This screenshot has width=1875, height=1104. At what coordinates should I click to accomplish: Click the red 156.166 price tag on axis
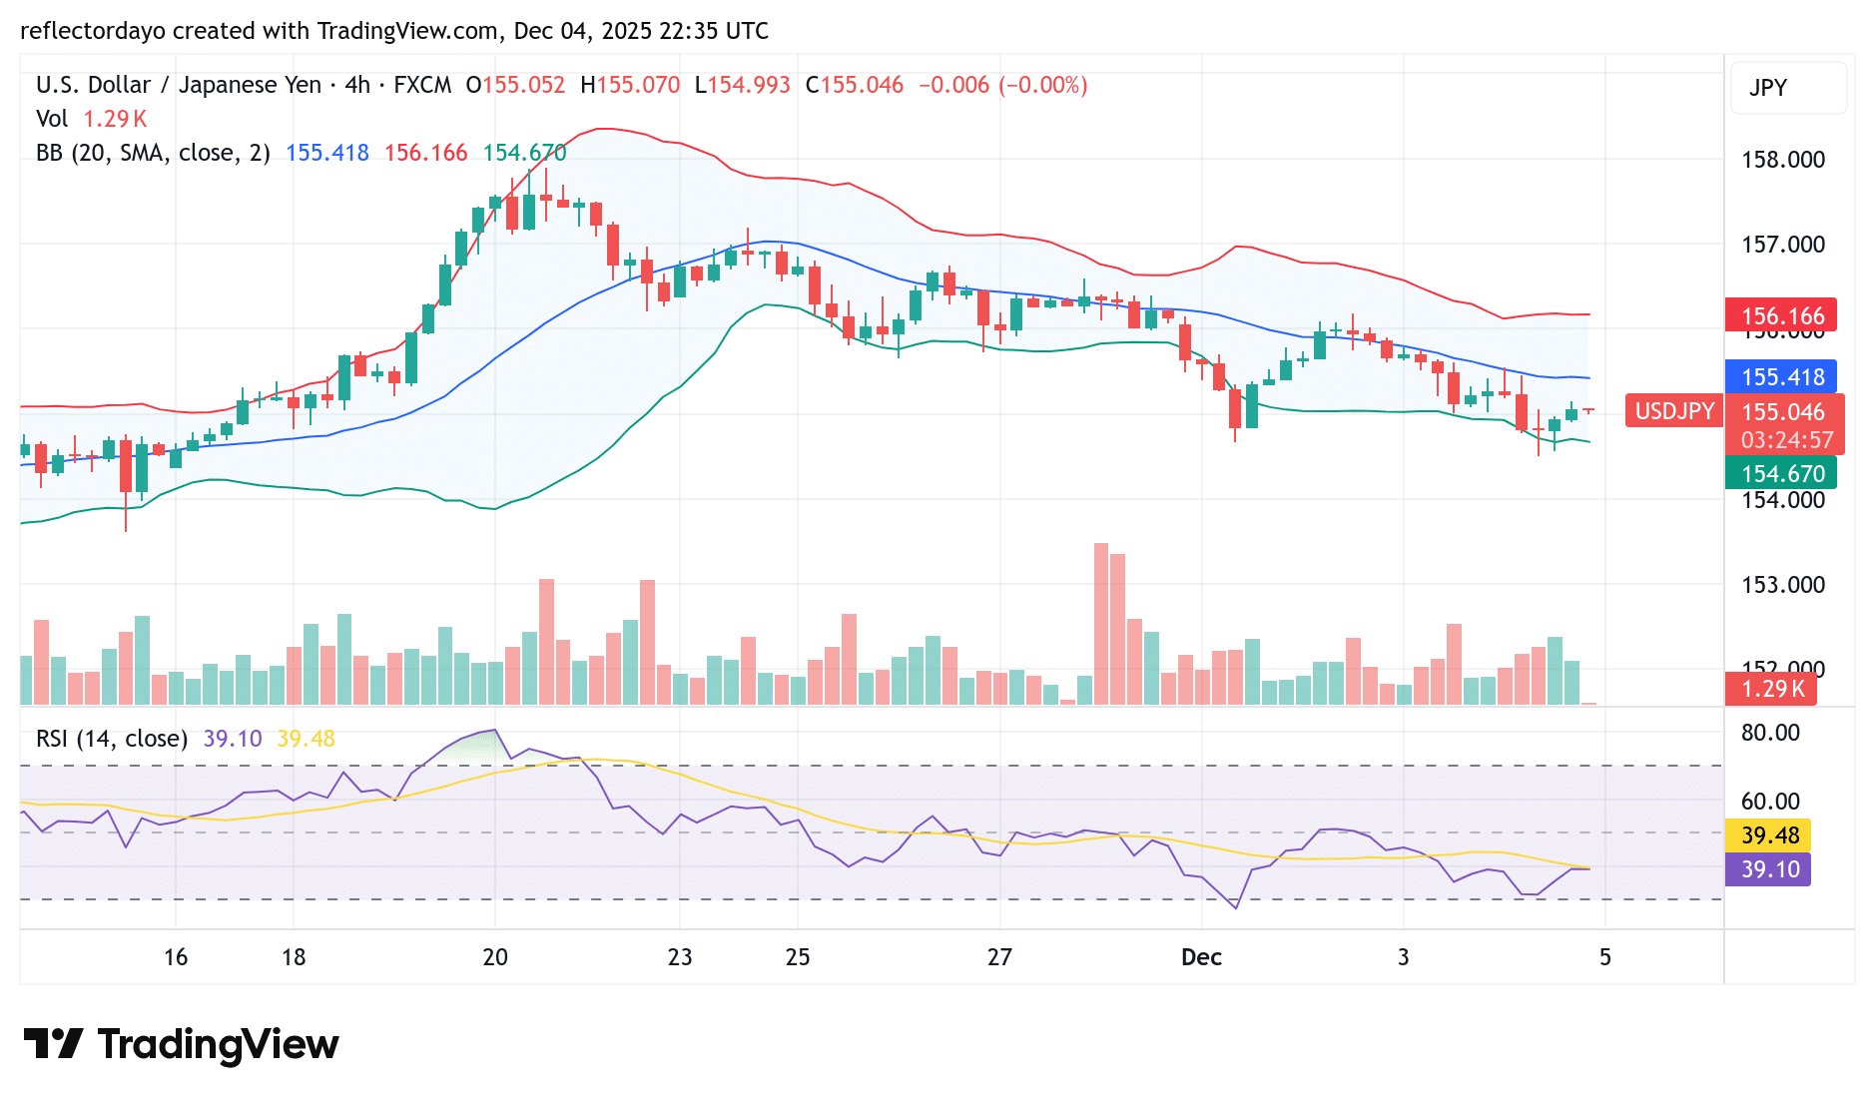1781,316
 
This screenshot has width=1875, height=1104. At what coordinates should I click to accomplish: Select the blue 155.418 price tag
1781,377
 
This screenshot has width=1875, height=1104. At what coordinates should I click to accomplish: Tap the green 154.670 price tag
1781,473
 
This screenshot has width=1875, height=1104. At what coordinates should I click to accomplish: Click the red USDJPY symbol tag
1674,411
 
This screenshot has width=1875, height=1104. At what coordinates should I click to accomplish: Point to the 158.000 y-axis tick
1782,160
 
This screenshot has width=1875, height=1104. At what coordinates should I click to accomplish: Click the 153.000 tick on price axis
1782,585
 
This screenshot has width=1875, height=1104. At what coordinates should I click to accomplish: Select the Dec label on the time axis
1201,957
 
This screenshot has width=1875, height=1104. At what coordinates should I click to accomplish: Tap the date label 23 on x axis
680,957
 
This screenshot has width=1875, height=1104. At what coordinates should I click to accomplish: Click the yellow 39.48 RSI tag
1769,835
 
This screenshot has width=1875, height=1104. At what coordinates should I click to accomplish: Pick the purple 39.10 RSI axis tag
1769,869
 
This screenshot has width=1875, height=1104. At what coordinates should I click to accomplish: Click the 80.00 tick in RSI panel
1770,733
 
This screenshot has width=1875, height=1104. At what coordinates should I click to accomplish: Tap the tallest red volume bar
1101,624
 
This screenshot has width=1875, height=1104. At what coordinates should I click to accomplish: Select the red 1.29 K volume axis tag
1771,689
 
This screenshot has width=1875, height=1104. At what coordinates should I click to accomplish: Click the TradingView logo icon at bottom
53,1044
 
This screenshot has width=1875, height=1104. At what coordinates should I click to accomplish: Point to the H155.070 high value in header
630,85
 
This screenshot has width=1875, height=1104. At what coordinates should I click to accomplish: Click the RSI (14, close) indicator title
112,739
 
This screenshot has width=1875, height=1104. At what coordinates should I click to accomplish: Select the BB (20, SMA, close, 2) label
153,153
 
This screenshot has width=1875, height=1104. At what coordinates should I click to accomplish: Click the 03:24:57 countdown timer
1786,440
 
